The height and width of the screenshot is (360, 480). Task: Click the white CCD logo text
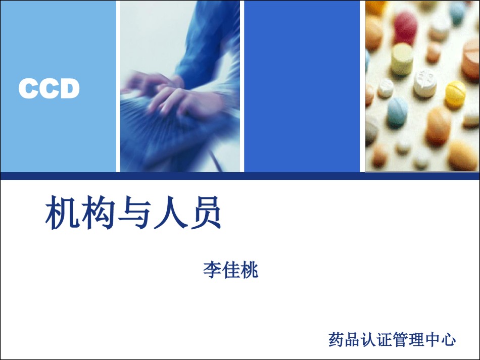tap(49, 88)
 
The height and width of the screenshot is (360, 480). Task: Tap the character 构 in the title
tap(98, 213)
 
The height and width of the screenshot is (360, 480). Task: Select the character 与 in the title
tap(134, 213)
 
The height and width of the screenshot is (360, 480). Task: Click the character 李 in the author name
tap(212, 270)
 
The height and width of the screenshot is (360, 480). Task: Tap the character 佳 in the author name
tap(231, 270)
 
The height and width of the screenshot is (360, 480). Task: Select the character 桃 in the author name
tap(249, 270)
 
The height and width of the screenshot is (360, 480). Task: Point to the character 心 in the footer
tap(448, 339)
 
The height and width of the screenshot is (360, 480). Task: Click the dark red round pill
tap(406, 24)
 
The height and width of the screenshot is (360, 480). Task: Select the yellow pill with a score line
tap(455, 93)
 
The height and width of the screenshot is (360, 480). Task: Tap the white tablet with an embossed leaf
tap(425, 83)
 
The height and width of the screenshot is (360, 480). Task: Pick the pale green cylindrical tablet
tap(402, 59)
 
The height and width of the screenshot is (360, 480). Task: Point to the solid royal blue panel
tap(302, 86)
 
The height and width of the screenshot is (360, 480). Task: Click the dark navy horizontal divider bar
tap(240, 176)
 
